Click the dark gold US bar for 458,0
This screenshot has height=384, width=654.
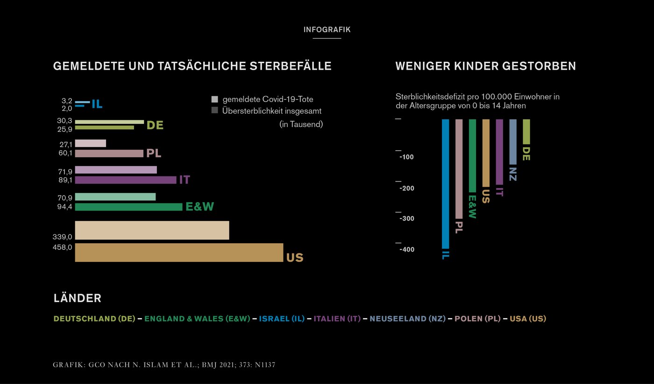(179, 253)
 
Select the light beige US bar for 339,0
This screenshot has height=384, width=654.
(152, 230)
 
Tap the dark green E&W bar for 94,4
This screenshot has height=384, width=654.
(128, 207)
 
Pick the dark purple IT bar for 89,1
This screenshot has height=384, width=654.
(125, 180)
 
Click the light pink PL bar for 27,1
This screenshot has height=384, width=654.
(90, 144)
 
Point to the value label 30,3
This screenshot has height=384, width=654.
(64, 121)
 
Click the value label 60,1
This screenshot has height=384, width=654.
(64, 153)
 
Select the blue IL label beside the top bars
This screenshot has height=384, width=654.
(97, 104)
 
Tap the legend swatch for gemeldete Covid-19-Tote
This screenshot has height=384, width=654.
(215, 99)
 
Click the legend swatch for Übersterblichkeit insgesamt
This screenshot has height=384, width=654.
(215, 111)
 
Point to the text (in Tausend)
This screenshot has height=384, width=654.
(301, 124)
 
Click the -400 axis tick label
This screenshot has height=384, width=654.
(406, 250)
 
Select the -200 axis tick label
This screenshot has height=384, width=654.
(406, 188)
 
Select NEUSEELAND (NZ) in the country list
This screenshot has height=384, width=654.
(407, 319)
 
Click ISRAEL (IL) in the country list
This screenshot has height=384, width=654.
(282, 319)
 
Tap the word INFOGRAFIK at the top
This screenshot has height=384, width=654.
(327, 29)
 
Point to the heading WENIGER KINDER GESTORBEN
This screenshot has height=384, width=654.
(485, 66)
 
